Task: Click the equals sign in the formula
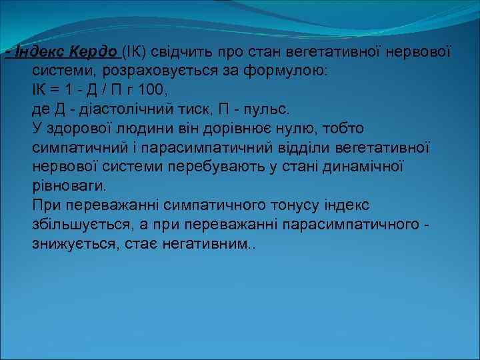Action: [52, 90]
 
